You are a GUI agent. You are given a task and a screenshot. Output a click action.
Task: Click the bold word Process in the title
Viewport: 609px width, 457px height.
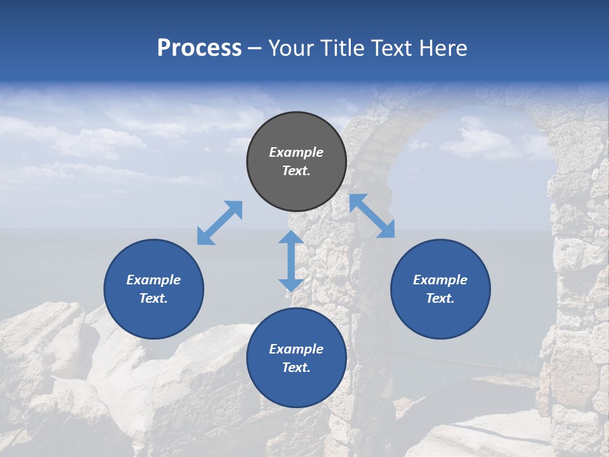coord(199,48)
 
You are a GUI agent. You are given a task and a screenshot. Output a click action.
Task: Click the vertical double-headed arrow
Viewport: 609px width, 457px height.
coord(291,261)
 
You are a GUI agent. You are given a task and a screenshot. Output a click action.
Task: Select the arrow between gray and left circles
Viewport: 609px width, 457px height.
coord(219,223)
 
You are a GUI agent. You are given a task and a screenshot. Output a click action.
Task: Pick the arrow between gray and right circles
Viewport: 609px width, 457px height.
coord(372,216)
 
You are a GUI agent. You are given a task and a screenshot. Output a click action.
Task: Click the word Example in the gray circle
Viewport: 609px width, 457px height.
coord(296,152)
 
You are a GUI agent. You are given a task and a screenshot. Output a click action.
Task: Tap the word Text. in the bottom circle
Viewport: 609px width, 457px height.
coord(296,368)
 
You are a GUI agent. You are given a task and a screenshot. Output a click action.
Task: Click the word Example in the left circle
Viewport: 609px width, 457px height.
coord(154,280)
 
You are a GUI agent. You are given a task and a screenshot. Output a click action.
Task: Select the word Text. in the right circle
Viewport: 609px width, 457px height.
coord(440,298)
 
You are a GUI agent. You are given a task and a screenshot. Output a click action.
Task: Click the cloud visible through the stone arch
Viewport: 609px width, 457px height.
coord(482,143)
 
